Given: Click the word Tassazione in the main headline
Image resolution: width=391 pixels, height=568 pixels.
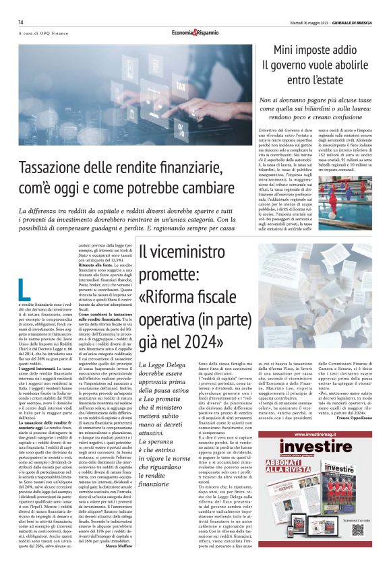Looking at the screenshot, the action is pos(52,167).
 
